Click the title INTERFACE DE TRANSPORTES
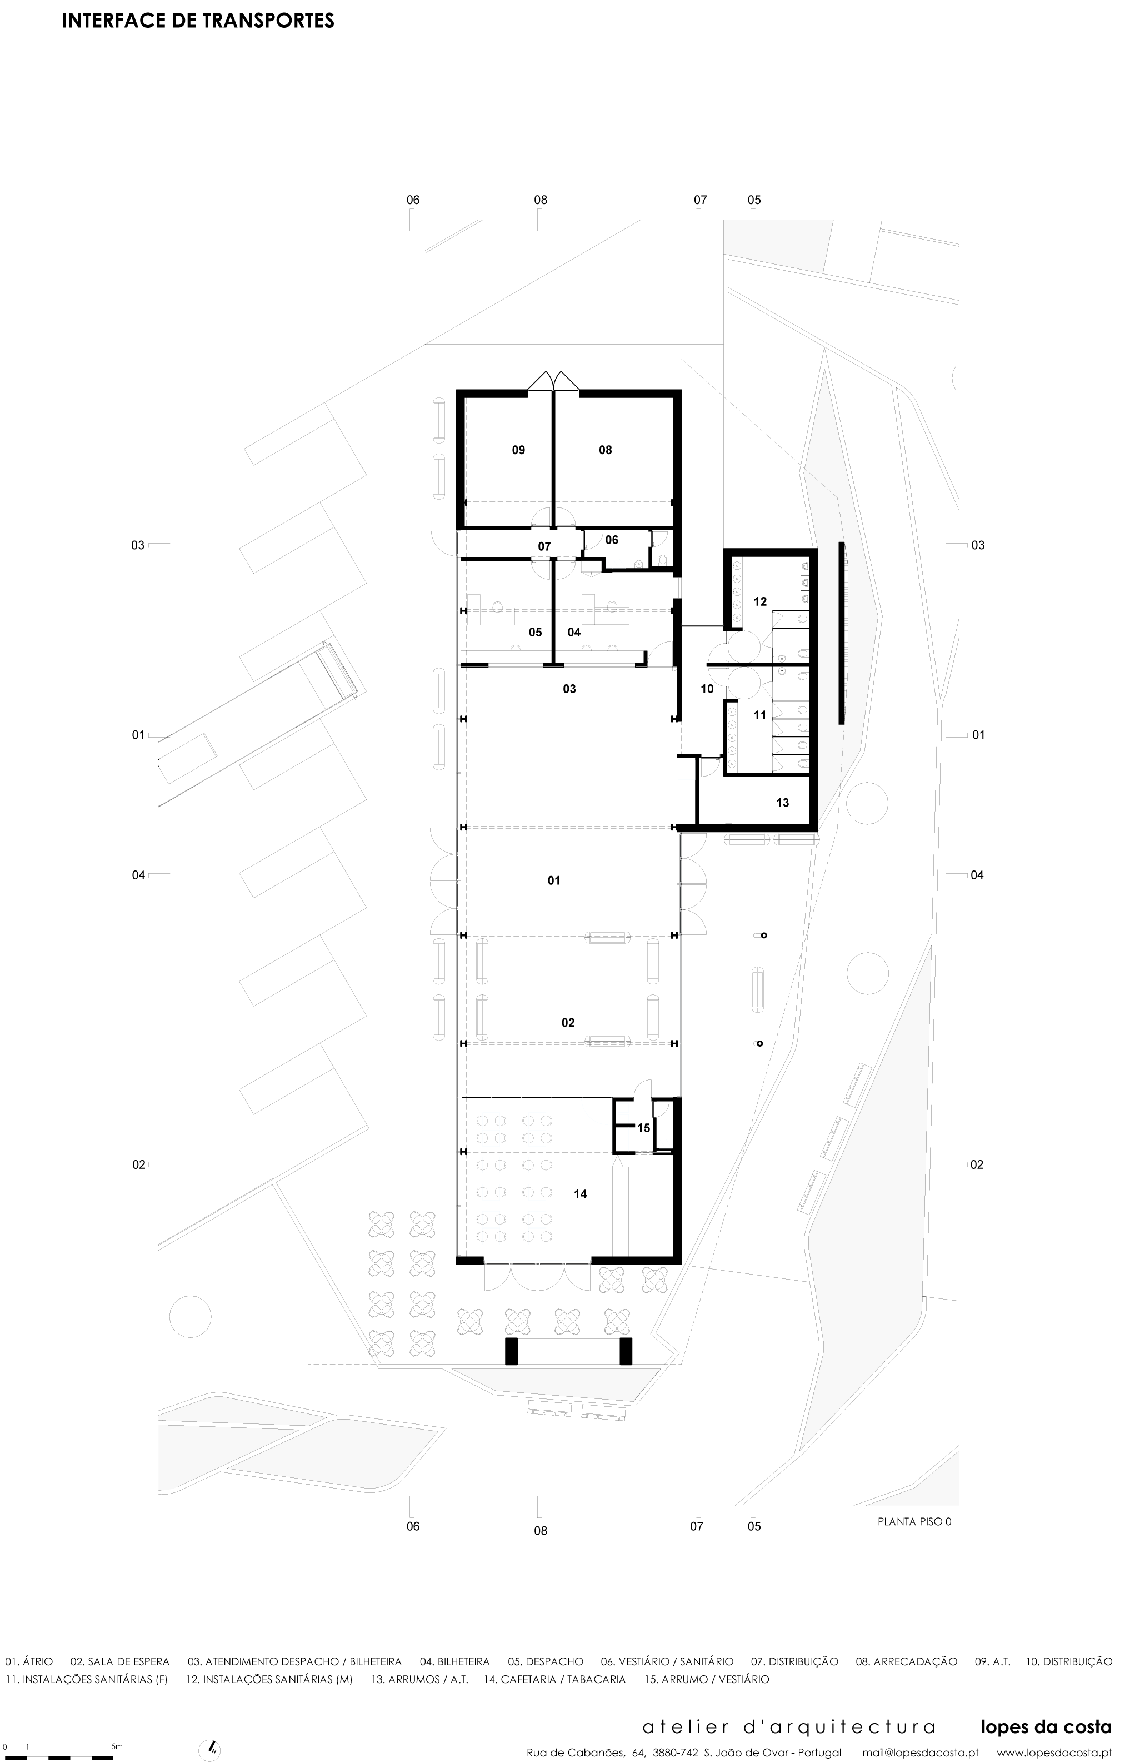tap(198, 21)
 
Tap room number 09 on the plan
tap(519, 450)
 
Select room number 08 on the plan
tap(606, 450)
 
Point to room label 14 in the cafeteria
tap(581, 1194)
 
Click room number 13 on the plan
tap(783, 803)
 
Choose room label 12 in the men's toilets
tap(760, 601)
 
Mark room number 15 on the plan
tap(643, 1128)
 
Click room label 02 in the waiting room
tap(568, 1022)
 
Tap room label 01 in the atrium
tap(554, 880)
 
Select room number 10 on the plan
tap(707, 689)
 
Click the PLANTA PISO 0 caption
tap(914, 1516)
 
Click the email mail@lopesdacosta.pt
tap(920, 1753)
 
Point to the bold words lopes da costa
tap(1046, 1726)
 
